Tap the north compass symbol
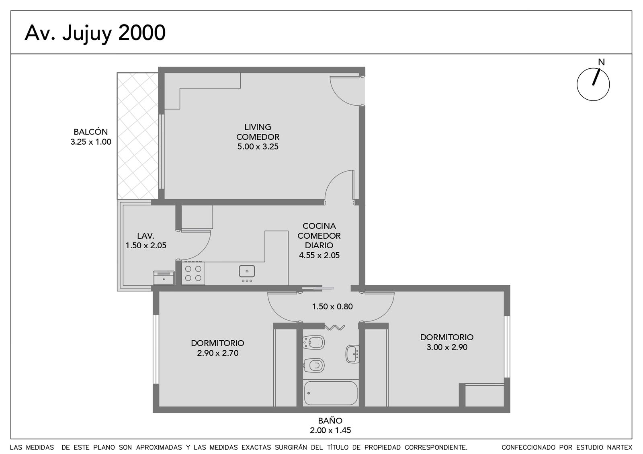point(593,84)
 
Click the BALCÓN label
point(91,132)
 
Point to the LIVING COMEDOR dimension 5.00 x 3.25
point(258,147)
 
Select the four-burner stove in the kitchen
point(193,273)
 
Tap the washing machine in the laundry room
point(164,278)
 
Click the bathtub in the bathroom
point(331,393)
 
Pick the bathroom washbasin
point(352,354)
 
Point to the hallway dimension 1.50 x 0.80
point(332,307)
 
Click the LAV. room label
point(146,236)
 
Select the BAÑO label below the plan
point(330,421)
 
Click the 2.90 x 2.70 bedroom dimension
point(217,353)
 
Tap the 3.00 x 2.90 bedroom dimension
point(447,347)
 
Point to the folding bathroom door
point(335,327)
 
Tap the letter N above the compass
point(601,62)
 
